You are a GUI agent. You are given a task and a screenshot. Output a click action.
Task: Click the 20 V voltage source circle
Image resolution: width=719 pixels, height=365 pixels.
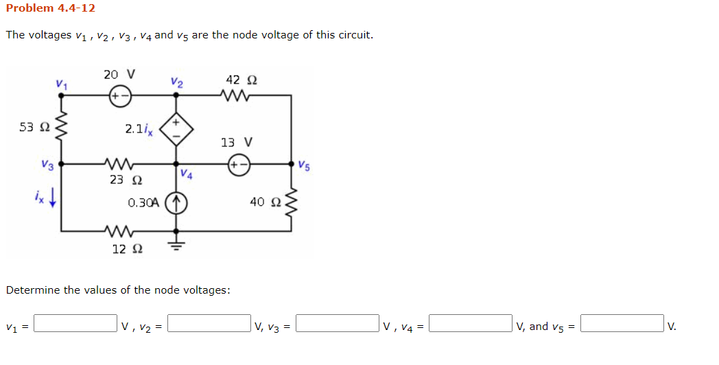[x=120, y=96]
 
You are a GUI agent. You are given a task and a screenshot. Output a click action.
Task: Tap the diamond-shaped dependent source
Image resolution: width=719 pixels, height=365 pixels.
[x=176, y=129]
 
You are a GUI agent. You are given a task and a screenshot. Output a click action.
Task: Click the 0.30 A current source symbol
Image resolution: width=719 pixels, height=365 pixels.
[x=176, y=204]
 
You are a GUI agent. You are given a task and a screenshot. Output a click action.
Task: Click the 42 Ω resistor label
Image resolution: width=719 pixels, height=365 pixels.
[x=241, y=80]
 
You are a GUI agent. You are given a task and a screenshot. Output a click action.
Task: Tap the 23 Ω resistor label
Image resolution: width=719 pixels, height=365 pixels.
[x=126, y=180]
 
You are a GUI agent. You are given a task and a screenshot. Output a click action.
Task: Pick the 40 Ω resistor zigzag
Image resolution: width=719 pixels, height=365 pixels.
[x=291, y=202]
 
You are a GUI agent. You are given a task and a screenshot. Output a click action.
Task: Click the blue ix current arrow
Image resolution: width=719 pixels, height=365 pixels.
[x=52, y=198]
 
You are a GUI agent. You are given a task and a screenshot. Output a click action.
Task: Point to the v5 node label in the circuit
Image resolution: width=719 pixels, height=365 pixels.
[x=304, y=165]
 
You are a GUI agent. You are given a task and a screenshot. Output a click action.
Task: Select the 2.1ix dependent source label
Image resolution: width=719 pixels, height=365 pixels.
[x=139, y=129]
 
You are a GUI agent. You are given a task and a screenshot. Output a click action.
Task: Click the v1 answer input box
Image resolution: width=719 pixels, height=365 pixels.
[x=75, y=323]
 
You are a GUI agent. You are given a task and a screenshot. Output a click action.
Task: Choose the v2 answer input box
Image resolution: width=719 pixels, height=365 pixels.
[x=209, y=323]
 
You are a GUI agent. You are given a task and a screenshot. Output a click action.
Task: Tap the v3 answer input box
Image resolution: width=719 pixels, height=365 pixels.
[x=338, y=323]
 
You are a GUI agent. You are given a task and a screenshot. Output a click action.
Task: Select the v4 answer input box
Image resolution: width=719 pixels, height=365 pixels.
[x=471, y=323]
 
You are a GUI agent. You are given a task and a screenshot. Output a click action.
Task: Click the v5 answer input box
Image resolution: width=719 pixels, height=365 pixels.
[x=622, y=323]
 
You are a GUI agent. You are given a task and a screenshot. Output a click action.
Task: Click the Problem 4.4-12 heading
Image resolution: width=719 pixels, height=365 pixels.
[x=51, y=8]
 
